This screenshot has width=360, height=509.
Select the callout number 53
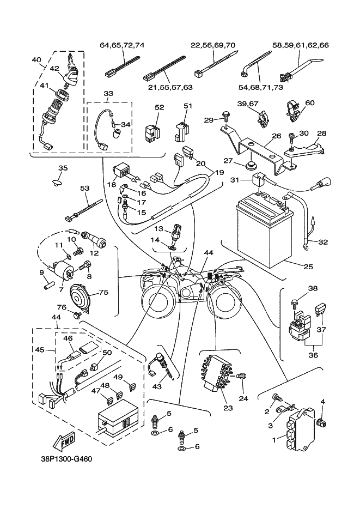(84, 189)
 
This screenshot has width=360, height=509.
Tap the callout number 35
(63, 168)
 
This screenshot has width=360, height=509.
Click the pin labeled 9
(47, 283)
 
